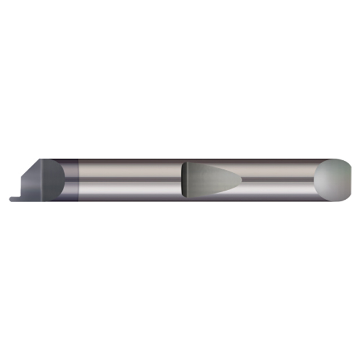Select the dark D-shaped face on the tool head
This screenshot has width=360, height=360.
click(54, 179)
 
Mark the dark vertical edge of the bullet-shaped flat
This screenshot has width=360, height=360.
click(183, 179)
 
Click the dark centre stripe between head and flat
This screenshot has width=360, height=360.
click(129, 179)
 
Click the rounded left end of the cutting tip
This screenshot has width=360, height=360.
click(11, 199)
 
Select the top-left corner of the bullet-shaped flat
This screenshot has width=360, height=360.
click(184, 163)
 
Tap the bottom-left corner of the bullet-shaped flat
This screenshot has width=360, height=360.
click(184, 195)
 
